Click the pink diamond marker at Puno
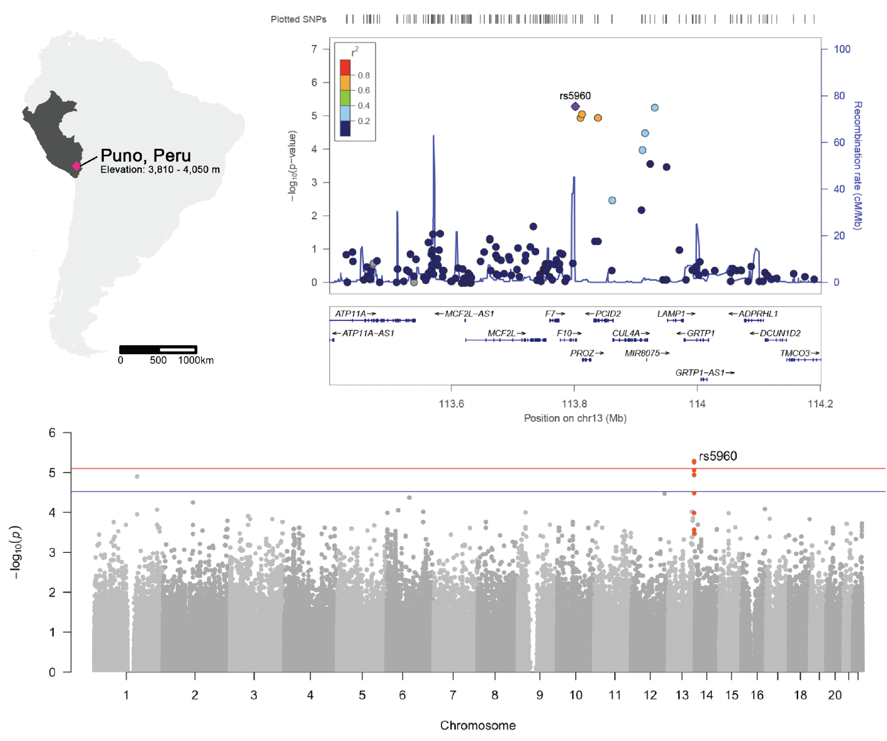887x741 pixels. (x=76, y=166)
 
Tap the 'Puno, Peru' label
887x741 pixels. (x=146, y=155)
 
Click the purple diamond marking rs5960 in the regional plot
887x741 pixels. (x=575, y=106)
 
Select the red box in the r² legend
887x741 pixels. (x=345, y=68)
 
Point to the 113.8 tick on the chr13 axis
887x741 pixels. (x=574, y=404)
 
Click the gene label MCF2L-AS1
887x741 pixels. (x=469, y=313)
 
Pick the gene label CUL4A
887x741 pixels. (x=626, y=333)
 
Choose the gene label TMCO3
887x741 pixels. (x=795, y=353)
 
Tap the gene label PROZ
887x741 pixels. (x=582, y=353)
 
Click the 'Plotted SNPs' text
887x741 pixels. (x=298, y=19)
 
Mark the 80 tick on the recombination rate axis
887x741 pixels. (x=839, y=96)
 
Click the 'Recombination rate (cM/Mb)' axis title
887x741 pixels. (x=857, y=165)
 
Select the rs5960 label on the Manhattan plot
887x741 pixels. (x=718, y=456)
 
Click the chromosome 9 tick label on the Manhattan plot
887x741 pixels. (x=539, y=695)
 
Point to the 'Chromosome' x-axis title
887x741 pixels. (x=478, y=725)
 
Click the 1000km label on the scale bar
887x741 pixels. (x=196, y=360)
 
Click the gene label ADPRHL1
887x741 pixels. (x=758, y=313)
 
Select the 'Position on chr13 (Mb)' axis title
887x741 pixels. (x=575, y=418)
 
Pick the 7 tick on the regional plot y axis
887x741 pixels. (x=314, y=49)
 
